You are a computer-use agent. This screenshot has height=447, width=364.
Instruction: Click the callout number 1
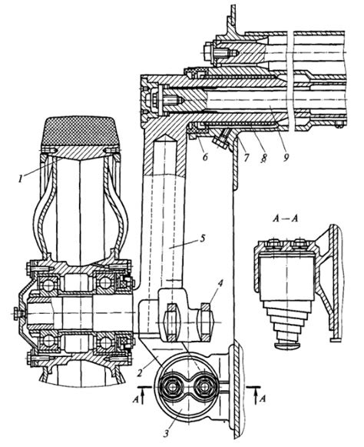click(x=20, y=179)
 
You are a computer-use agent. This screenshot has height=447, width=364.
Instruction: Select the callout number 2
click(x=139, y=372)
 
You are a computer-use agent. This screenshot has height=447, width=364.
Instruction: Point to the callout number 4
click(x=220, y=284)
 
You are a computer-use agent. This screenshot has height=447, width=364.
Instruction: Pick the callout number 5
click(x=202, y=239)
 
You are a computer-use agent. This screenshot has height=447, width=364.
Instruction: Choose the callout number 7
click(x=246, y=156)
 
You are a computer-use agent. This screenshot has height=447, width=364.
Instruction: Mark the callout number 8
click(x=263, y=157)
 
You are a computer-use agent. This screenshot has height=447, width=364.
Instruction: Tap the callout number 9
click(x=286, y=156)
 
